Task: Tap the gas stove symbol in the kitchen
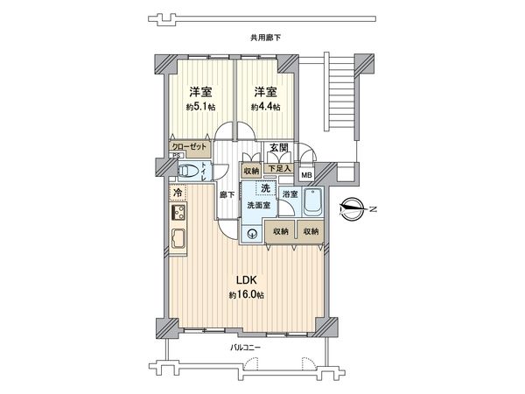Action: click(178, 214)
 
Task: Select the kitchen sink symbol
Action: click(178, 240)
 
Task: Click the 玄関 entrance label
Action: click(278, 148)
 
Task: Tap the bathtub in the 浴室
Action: click(314, 204)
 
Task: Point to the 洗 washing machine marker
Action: click(263, 188)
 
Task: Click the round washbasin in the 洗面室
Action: click(252, 232)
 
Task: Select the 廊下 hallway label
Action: click(226, 193)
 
